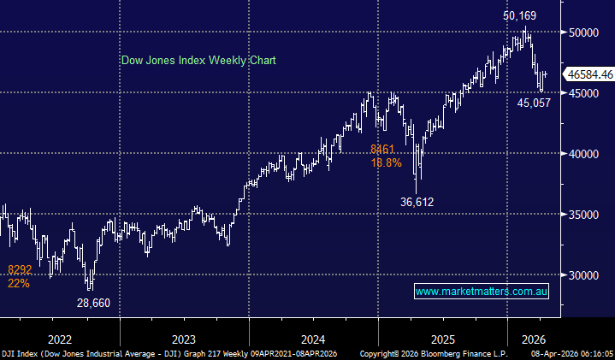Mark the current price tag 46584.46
coord(588,75)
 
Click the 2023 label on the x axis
coord(184,337)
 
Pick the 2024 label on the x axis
coord(312,337)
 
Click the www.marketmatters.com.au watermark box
coord(481,292)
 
